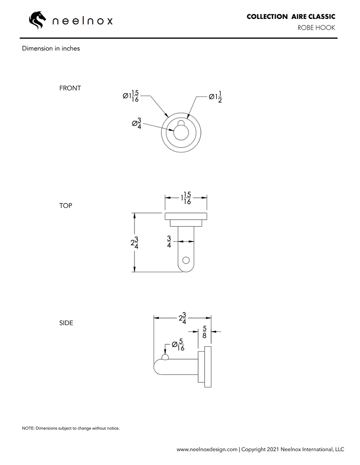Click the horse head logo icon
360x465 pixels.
point(38,20)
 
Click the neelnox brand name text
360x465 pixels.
point(83,21)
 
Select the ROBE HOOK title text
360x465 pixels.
point(316,28)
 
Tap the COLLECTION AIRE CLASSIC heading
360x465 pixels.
point(291,17)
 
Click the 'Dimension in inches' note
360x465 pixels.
point(51,49)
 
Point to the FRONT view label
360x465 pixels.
point(70,88)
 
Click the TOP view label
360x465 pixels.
point(66,206)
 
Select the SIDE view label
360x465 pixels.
point(66,323)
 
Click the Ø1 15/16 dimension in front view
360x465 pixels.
point(131,96)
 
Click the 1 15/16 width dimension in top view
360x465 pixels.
point(186,198)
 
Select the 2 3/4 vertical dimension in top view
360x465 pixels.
point(134,242)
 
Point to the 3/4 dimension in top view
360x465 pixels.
point(169,242)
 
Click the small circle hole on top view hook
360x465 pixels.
point(186,260)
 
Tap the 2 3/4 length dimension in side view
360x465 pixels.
point(183,318)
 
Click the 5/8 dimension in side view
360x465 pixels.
point(204,332)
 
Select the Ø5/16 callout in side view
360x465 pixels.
point(178,345)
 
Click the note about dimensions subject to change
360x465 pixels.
point(71,428)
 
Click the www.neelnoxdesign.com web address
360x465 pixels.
point(207,449)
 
